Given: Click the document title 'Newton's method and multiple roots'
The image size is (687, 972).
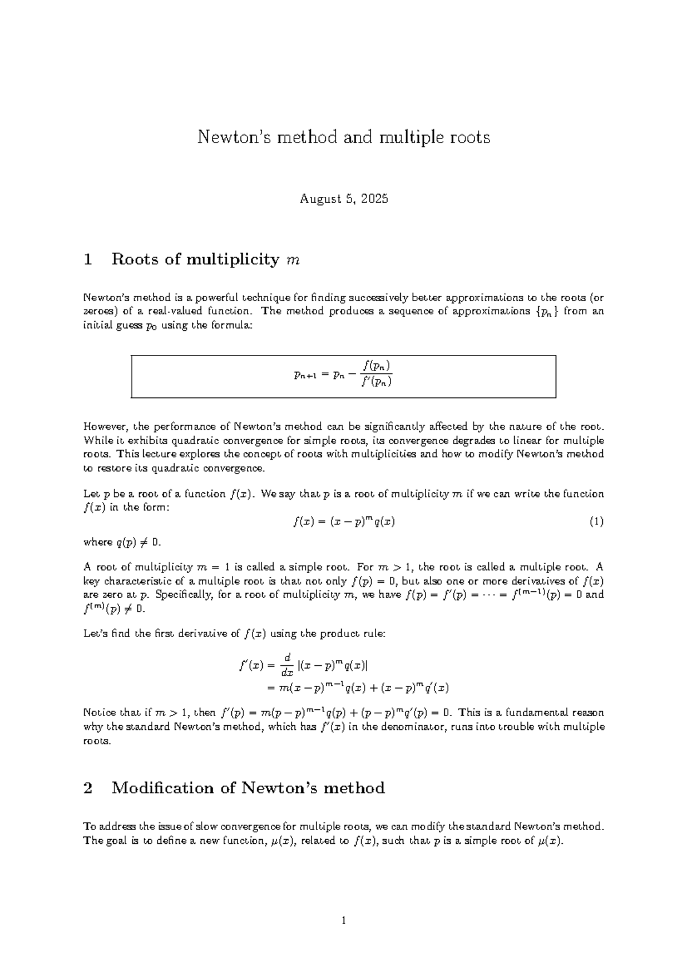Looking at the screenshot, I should pyautogui.click(x=343, y=137).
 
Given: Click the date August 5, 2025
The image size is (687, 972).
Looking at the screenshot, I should pyautogui.click(x=343, y=199).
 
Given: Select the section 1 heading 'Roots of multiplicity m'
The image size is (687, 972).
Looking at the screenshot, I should pyautogui.click(x=206, y=260).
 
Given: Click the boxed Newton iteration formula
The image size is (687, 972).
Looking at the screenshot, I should pyautogui.click(x=343, y=376).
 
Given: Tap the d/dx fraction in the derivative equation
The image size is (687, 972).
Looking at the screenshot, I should pyautogui.click(x=288, y=664).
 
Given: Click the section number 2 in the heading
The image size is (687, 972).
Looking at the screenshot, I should pyautogui.click(x=88, y=788).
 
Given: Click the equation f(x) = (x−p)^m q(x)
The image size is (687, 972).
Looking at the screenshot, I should pyautogui.click(x=343, y=521).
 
